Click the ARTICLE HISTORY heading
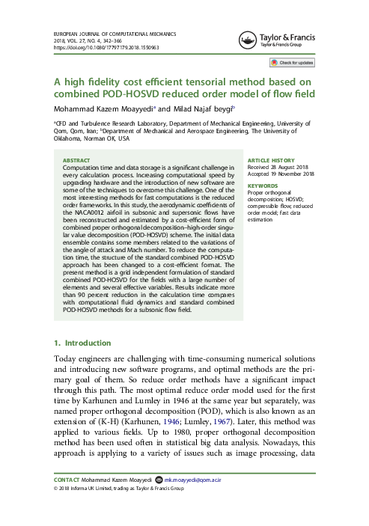coord(270,160)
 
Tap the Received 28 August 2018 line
coord(277,167)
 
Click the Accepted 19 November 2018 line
coord(281,174)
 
